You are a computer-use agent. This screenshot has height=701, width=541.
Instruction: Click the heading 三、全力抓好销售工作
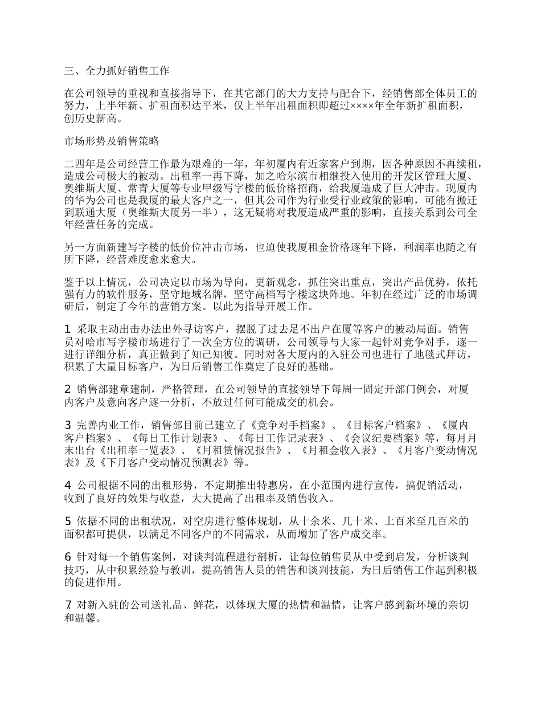point(117,71)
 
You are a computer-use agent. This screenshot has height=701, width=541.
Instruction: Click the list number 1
point(68,329)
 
